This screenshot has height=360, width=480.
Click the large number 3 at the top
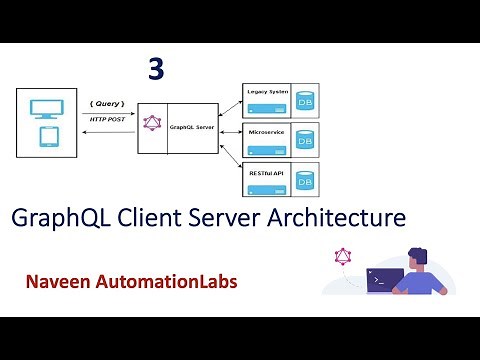[155, 68]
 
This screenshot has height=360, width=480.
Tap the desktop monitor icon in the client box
[47, 108]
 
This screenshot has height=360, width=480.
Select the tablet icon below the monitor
[47, 135]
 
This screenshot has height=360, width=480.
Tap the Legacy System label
[267, 91]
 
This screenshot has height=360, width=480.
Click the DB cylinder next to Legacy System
[306, 101]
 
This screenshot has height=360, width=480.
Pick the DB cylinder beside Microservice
[306, 141]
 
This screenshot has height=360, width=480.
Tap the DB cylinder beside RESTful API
[306, 181]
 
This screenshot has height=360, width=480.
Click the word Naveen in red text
[62, 282]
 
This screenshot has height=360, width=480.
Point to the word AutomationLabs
[169, 282]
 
